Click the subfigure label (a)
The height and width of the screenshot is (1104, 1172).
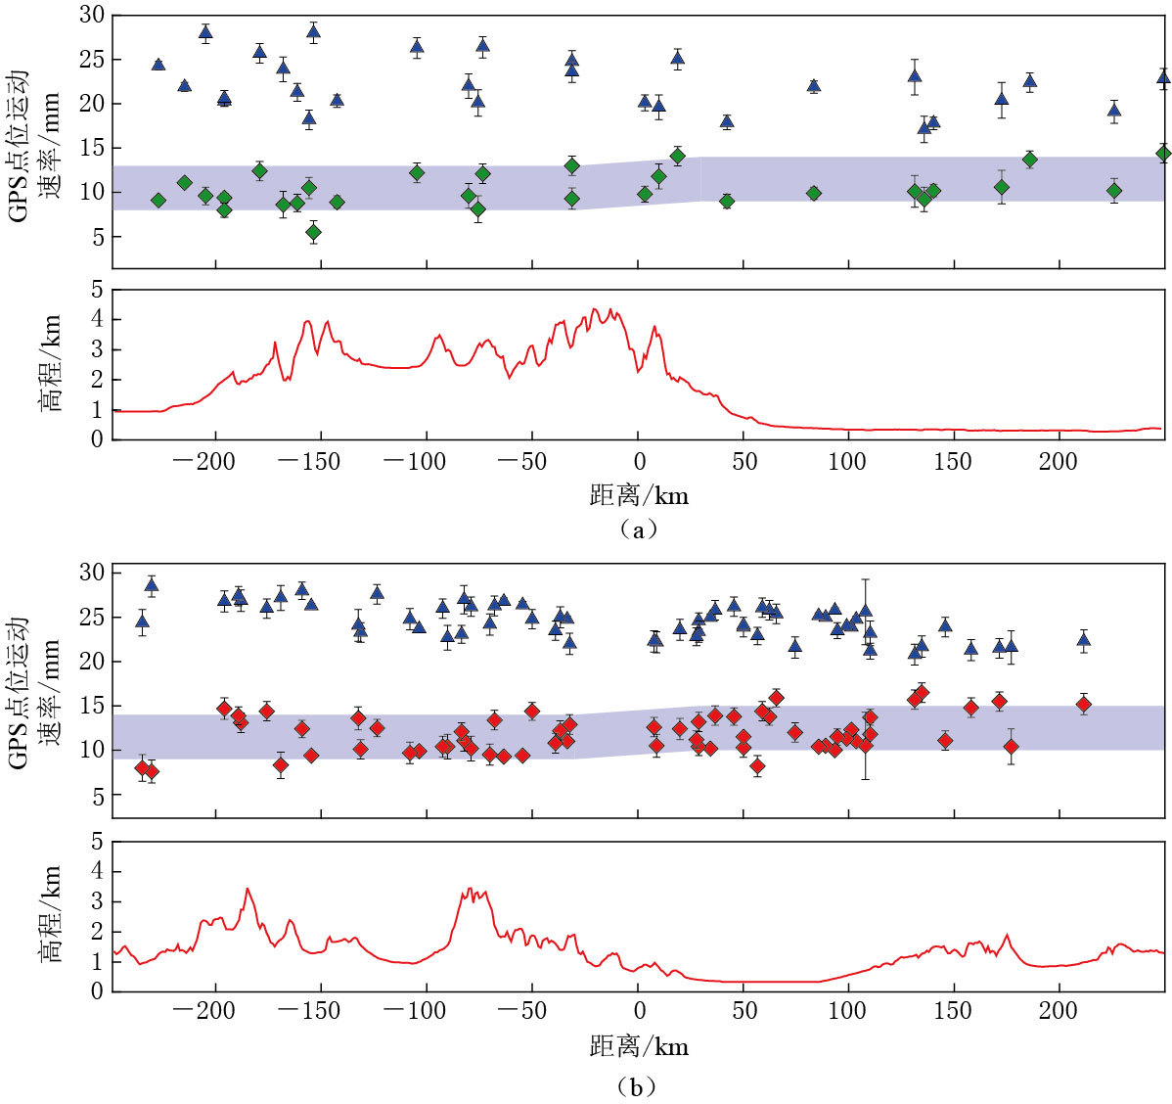click(x=638, y=529)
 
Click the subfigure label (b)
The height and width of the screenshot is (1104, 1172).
click(x=638, y=1086)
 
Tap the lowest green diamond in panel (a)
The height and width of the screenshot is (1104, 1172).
click(x=313, y=232)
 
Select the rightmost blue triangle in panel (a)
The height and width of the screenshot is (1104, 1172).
click(x=1163, y=76)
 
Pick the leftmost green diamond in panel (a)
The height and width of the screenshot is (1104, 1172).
click(x=158, y=200)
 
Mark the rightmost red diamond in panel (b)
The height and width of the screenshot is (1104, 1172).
click(x=1083, y=704)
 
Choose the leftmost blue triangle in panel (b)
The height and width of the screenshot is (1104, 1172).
click(x=142, y=621)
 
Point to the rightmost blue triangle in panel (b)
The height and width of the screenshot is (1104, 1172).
click(x=1083, y=640)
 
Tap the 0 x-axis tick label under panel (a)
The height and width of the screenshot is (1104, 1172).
click(x=639, y=462)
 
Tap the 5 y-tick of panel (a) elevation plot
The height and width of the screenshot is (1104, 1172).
click(x=96, y=290)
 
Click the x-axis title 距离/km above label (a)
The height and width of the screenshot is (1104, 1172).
click(x=639, y=495)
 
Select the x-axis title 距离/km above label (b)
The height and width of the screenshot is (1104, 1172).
click(x=639, y=1046)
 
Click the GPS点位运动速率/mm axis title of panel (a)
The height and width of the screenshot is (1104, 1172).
click(x=34, y=144)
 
